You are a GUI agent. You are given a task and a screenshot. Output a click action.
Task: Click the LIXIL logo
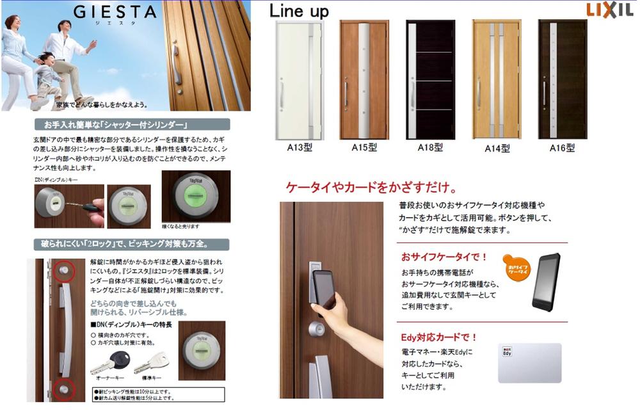coord(609,10)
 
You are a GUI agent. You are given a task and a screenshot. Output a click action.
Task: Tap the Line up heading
coord(299,11)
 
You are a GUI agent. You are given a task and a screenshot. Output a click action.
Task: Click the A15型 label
coord(364,148)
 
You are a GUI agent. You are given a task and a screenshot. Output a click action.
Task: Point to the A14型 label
coord(497,149)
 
